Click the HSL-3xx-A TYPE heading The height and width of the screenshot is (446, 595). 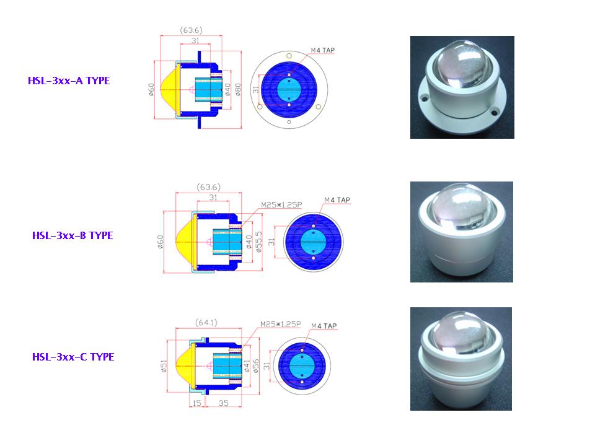click(x=69, y=81)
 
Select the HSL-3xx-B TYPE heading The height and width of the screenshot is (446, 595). click(x=73, y=235)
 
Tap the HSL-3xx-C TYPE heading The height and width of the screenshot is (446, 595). click(x=73, y=357)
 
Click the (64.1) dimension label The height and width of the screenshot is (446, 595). click(x=206, y=322)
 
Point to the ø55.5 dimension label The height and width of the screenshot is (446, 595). click(x=259, y=242)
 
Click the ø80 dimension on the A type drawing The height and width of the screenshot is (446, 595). click(x=238, y=89)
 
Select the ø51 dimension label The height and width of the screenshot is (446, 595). click(x=164, y=366)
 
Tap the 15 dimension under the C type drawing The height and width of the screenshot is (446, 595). click(x=197, y=403)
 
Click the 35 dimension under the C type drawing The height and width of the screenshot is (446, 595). click(x=224, y=403)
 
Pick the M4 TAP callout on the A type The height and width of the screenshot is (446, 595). click(x=322, y=50)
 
